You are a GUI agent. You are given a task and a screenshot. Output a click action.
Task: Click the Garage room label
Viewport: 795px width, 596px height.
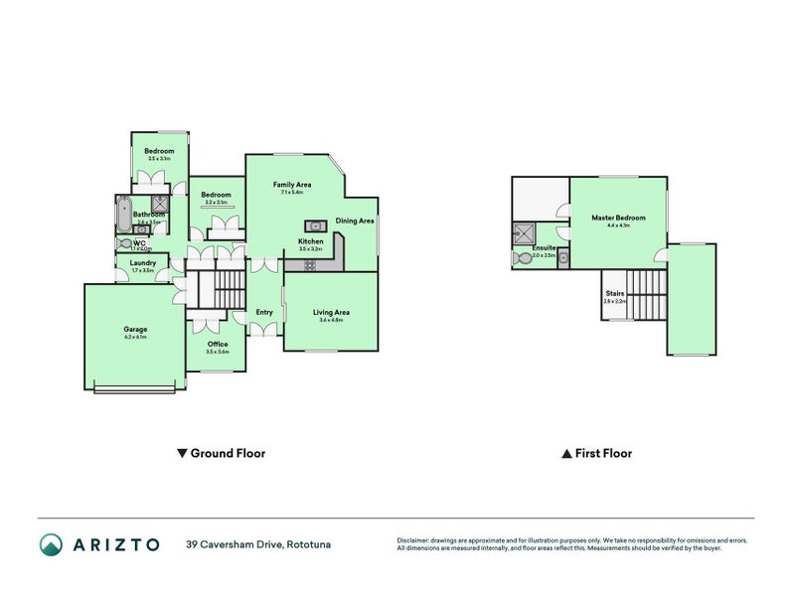click(x=135, y=329)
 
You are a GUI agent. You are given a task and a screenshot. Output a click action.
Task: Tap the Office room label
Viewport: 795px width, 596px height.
click(x=217, y=344)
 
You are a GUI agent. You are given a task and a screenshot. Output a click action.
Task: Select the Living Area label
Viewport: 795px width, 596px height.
click(x=330, y=312)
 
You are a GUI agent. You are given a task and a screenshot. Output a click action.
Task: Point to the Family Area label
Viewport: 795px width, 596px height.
click(x=292, y=185)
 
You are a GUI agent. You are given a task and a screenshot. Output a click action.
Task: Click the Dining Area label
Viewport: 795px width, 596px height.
click(x=354, y=221)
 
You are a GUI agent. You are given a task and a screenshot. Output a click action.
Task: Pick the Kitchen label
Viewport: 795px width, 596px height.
click(x=310, y=241)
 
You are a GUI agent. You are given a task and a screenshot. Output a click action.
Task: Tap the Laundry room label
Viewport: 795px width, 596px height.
click(x=142, y=262)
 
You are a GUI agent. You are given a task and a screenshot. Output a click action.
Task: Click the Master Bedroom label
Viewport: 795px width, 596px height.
click(x=618, y=218)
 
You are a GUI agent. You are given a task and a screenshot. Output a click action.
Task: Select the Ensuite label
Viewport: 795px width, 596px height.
click(x=543, y=248)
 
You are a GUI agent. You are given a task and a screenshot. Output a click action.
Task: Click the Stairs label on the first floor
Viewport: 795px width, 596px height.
click(x=614, y=293)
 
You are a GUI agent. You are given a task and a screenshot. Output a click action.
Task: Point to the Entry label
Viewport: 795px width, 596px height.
click(x=263, y=312)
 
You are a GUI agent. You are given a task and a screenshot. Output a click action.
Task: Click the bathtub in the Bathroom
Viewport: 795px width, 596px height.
click(x=123, y=214)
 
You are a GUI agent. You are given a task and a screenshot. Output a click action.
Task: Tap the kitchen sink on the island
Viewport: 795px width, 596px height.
click(x=311, y=225)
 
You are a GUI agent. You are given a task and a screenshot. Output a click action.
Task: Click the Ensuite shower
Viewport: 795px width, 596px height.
click(x=522, y=233)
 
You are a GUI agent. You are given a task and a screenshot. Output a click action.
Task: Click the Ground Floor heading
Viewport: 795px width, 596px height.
click(x=221, y=453)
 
